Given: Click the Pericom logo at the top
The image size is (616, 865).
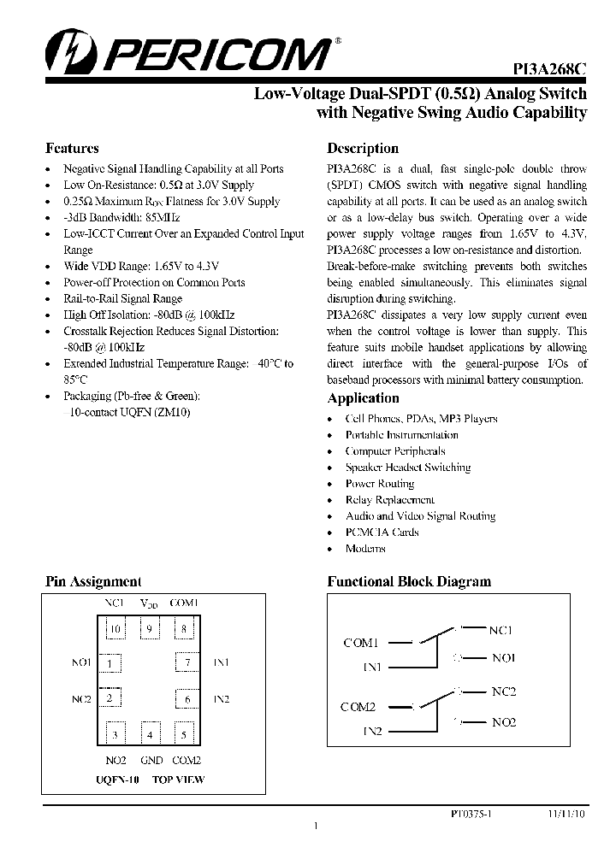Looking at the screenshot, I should [x=188, y=53].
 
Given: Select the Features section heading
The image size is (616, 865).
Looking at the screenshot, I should [x=72, y=148].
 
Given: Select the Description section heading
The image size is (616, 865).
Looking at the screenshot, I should [x=363, y=148].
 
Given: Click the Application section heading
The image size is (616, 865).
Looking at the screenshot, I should [x=363, y=398].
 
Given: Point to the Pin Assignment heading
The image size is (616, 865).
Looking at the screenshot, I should [x=93, y=581].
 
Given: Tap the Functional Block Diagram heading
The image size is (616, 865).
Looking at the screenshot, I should [x=409, y=581].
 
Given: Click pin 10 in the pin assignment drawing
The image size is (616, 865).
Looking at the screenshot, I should [x=115, y=631].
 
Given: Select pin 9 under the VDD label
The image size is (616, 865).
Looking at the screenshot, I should [x=150, y=631].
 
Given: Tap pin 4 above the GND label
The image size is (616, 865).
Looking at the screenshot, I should [x=150, y=733].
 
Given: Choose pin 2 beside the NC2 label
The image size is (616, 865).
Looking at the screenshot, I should [x=110, y=698].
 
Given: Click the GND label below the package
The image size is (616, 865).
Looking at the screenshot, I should [x=151, y=761].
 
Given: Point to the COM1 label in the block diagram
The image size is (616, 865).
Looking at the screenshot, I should [x=360, y=643].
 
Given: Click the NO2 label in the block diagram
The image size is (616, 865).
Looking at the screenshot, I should [x=504, y=722].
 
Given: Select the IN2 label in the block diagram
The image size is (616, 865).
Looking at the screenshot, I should [x=372, y=732].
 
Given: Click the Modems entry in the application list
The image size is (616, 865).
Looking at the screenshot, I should [x=365, y=549].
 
